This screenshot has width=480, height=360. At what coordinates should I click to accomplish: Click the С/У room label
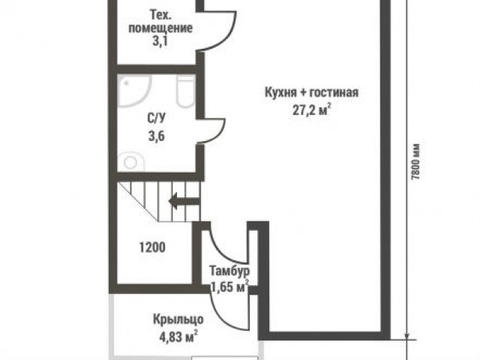point(157,118)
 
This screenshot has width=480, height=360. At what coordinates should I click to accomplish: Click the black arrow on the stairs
point(183,200)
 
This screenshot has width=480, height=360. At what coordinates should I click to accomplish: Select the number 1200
point(152,247)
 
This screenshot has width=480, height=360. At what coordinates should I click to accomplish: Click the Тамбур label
point(228,271)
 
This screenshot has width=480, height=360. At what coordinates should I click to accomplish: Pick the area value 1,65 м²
point(229,286)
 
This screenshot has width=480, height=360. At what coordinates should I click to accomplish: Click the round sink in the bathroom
point(130,161)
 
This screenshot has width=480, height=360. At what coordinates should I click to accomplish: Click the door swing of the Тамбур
point(225,244)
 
